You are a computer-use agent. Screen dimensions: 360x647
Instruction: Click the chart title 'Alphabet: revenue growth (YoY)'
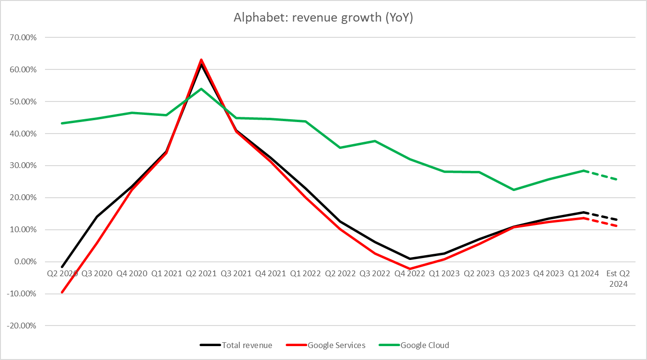click(x=323, y=17)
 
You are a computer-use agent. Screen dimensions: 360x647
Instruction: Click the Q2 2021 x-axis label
click(x=201, y=274)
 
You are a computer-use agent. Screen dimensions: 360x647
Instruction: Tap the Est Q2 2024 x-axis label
click(x=618, y=278)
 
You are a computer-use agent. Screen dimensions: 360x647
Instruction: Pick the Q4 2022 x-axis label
click(x=410, y=274)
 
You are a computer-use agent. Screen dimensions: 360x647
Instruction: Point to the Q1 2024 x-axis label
click(x=583, y=274)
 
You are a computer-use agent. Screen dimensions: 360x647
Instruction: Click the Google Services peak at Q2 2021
click(x=201, y=60)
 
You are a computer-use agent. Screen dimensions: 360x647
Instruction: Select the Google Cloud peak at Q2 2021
click(x=201, y=89)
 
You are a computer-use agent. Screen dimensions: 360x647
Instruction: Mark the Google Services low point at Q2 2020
click(x=62, y=292)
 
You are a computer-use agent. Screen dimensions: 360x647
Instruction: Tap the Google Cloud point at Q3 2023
click(x=514, y=190)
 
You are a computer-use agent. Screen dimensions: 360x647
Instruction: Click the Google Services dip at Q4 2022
click(x=410, y=269)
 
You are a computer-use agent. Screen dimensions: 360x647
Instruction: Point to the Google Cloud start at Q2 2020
click(x=62, y=123)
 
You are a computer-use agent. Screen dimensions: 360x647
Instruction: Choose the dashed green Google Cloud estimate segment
click(x=601, y=175)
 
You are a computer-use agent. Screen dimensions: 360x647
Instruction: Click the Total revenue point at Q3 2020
click(x=97, y=216)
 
